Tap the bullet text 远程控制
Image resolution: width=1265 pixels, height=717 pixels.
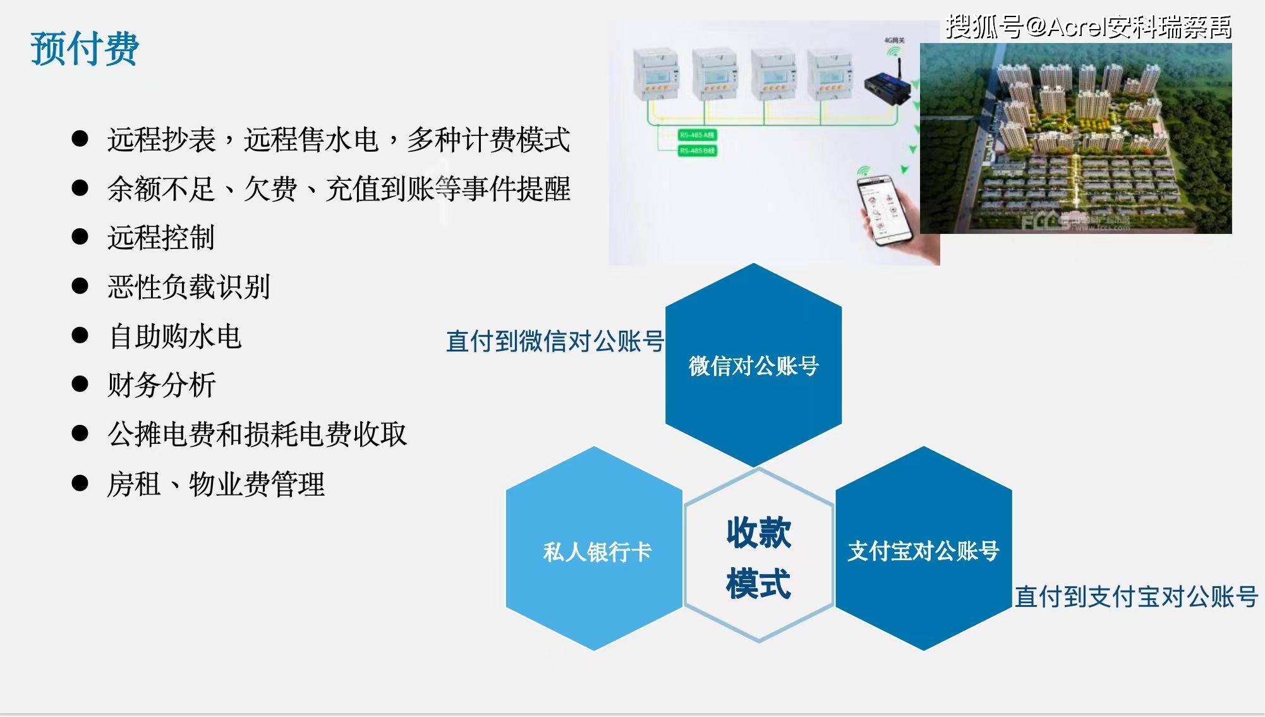161,238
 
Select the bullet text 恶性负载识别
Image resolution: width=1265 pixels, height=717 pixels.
188,286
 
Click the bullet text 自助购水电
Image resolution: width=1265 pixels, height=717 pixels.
175,336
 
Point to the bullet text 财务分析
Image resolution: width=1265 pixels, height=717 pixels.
162,384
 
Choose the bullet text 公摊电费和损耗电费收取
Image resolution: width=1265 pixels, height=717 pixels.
257,434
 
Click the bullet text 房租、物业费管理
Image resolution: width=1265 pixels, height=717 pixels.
215,484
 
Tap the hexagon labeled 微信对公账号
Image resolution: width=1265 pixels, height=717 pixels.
753,365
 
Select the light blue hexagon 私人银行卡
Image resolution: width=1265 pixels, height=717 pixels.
595,549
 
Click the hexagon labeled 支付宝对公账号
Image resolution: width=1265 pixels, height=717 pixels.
923,549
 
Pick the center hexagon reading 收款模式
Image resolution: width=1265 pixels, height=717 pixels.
758,556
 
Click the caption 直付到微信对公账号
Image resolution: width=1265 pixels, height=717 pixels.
555,341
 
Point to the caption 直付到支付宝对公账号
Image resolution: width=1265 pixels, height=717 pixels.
1135,596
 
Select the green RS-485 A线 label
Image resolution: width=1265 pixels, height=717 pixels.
697,135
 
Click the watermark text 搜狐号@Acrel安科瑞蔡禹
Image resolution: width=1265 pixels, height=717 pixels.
1088,27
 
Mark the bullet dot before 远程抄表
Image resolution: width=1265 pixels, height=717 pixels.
80,139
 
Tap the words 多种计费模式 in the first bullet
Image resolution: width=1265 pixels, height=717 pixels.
488,139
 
